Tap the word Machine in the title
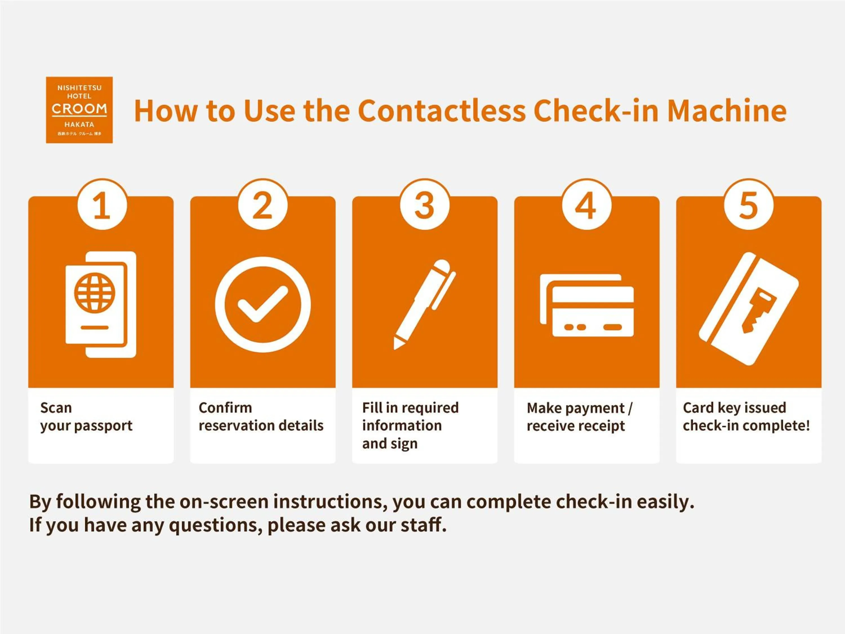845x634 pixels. (727, 111)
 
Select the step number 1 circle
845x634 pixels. (102, 205)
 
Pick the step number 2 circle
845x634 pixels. (263, 205)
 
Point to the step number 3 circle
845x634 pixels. (424, 205)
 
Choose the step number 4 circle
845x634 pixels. (586, 205)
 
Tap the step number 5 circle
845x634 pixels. (748, 205)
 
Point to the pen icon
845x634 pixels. (425, 304)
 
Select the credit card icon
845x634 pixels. (587, 305)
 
